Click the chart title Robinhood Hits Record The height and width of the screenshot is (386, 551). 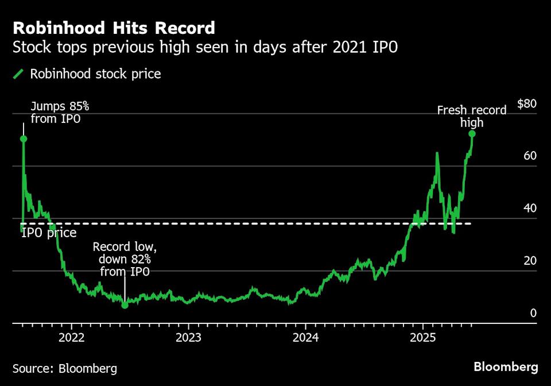click(114, 28)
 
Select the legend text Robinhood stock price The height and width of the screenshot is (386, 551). click(95, 74)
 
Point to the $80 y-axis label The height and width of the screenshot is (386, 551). click(526, 104)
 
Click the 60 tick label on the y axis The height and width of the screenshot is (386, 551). click(530, 156)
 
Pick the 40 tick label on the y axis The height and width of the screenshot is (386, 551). click(530, 209)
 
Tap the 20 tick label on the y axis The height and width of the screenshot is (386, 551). click(530, 261)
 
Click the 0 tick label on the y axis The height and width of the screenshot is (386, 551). click(533, 313)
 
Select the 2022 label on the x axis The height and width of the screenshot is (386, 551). click(72, 336)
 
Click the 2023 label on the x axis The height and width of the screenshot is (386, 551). click(189, 336)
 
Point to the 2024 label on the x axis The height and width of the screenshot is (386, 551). click(306, 336)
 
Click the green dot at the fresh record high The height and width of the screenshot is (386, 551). click(472, 134)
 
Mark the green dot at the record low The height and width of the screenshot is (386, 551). click(125, 305)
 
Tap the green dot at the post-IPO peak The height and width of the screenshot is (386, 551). click(24, 138)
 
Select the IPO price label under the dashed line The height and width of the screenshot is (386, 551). click(49, 233)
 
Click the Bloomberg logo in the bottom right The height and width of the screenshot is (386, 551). click(506, 367)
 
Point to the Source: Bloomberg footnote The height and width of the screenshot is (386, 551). click(65, 368)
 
